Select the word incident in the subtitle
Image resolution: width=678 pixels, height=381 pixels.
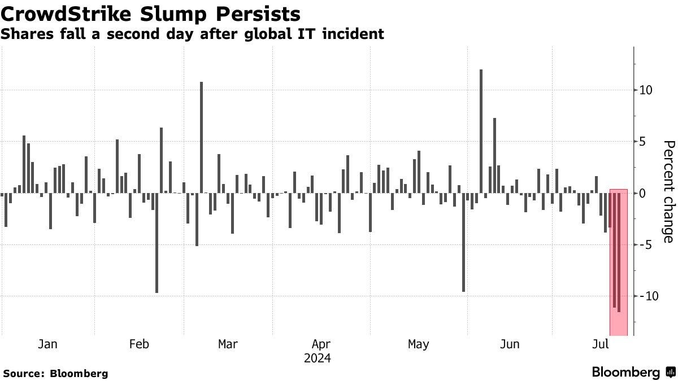click(355, 34)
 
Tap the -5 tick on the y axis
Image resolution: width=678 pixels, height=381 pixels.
click(647, 245)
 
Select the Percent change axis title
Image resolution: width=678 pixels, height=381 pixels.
click(668, 192)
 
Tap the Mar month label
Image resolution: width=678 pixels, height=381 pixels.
click(228, 344)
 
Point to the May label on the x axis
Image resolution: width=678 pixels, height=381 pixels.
click(419, 344)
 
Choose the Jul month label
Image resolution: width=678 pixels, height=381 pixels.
click(601, 344)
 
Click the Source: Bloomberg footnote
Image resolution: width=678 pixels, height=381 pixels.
click(55, 373)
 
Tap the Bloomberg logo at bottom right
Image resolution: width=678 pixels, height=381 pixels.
click(633, 373)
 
